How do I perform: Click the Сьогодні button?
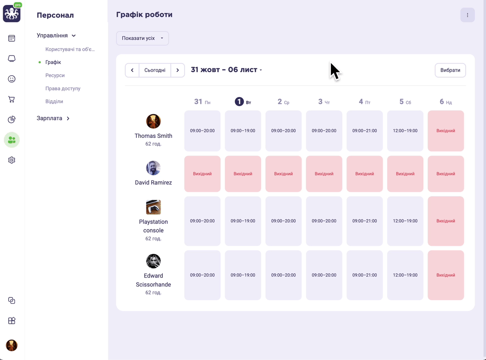pos(155,70)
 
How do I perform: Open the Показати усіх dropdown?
pos(142,38)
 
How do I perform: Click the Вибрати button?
pos(450,70)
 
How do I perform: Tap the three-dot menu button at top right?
pos(467,15)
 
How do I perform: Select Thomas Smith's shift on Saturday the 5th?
pos(405,131)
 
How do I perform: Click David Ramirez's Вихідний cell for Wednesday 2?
pos(283,174)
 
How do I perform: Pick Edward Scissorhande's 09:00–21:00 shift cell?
pos(364,275)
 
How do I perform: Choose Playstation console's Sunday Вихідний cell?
pos(446,221)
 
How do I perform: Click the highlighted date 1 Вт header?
pos(243,102)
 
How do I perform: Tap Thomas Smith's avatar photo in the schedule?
pos(153,121)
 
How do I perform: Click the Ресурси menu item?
pos(55,75)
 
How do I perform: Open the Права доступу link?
pos(63,88)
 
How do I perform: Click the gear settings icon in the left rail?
pos(11,160)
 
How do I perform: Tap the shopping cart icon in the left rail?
pos(11,99)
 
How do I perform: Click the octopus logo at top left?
pos(11,14)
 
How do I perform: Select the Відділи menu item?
pos(54,102)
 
